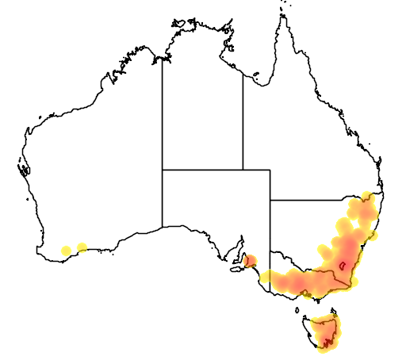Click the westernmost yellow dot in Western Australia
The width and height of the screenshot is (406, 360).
[66, 251]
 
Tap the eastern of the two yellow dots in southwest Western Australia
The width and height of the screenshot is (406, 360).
[82, 247]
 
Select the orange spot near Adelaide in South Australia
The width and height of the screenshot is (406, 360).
[251, 261]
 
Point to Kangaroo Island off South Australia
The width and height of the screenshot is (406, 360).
[237, 270]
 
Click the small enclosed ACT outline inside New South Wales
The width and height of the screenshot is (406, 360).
[343, 266]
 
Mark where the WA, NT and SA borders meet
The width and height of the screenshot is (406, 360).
[163, 169]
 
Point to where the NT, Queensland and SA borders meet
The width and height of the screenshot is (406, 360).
[243, 169]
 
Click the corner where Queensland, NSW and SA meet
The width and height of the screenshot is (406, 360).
[270, 200]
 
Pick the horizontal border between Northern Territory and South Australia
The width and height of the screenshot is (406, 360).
[202, 169]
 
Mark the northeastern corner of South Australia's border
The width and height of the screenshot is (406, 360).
[270, 169]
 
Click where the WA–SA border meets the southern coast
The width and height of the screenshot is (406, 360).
[163, 227]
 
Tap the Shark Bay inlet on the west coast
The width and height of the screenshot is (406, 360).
[24, 168]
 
